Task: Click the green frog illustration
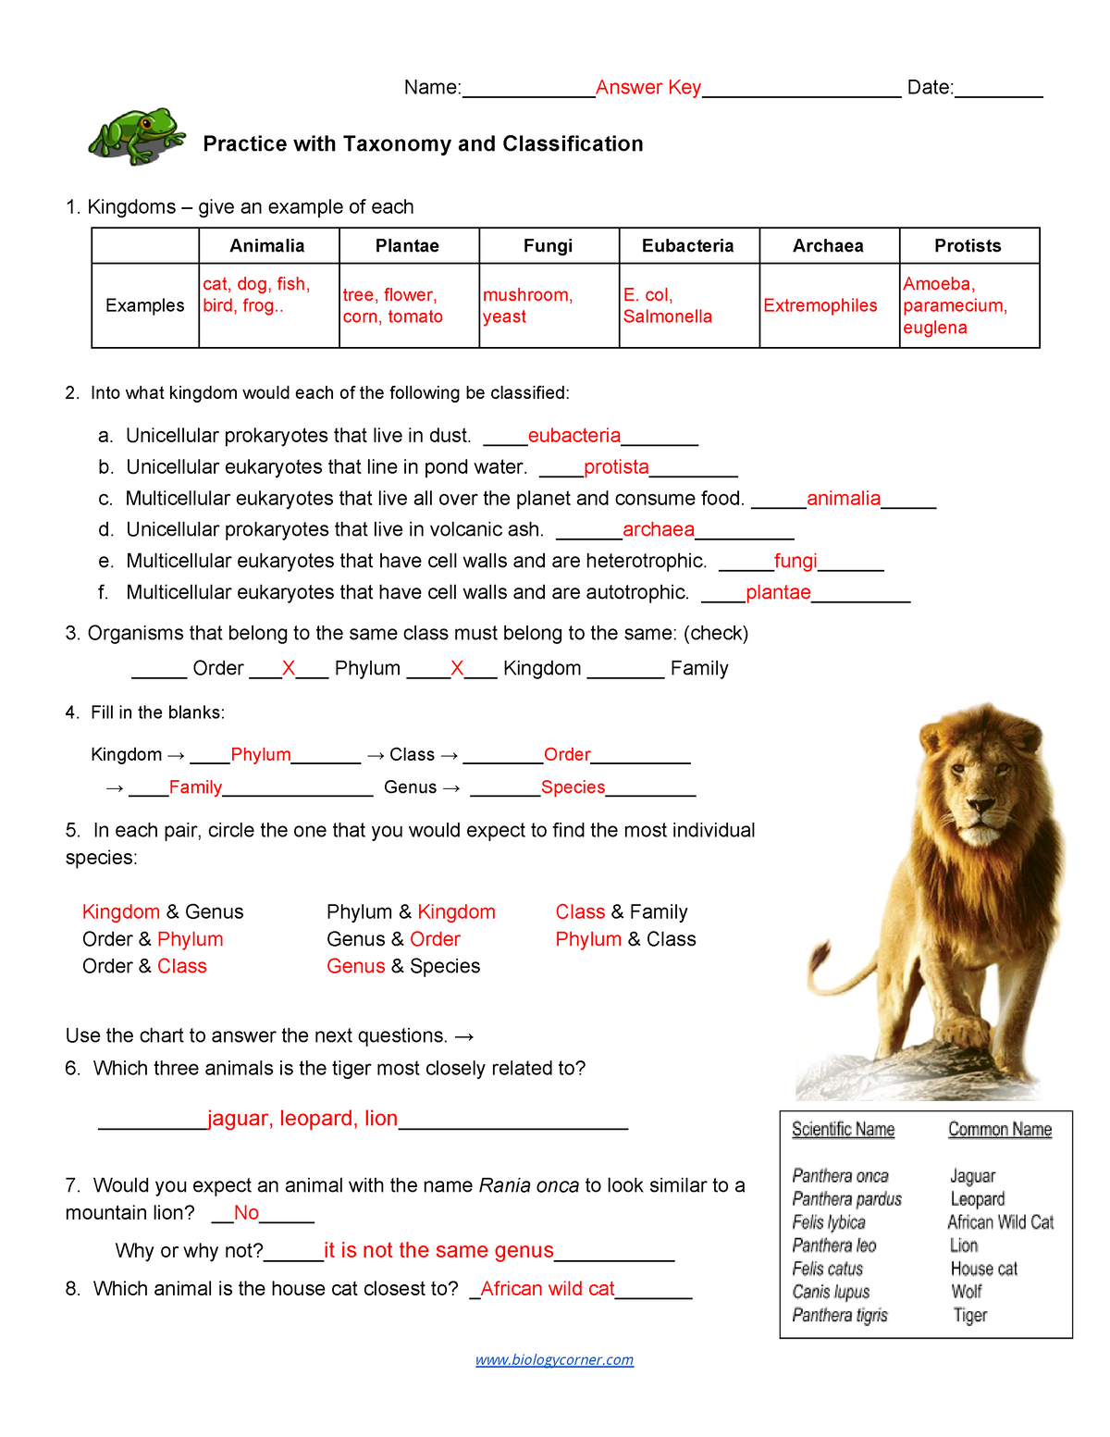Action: pyautogui.click(x=137, y=136)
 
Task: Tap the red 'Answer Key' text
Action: pyautogui.click(x=647, y=87)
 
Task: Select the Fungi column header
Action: pyautogui.click(x=548, y=245)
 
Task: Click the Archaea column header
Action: pyautogui.click(x=828, y=245)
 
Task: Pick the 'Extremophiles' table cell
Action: pyautogui.click(x=820, y=305)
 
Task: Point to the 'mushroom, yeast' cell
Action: pyautogui.click(x=527, y=305)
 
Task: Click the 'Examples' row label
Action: pyautogui.click(x=145, y=305)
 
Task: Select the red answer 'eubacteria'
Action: pyautogui.click(x=573, y=435)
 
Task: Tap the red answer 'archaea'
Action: pyautogui.click(x=658, y=529)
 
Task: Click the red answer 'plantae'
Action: pyautogui.click(x=778, y=592)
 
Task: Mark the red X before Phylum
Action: pyautogui.click(x=289, y=668)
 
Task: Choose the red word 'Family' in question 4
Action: pyautogui.click(x=195, y=787)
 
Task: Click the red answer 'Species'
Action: pyautogui.click(x=573, y=787)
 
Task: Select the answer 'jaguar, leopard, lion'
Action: pyautogui.click(x=302, y=1119)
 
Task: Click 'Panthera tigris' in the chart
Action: pyautogui.click(x=840, y=1315)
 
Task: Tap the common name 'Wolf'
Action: pyautogui.click(x=967, y=1292)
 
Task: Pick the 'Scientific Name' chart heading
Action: pyautogui.click(x=843, y=1129)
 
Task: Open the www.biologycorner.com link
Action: pyautogui.click(x=554, y=1359)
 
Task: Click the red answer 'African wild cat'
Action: pyautogui.click(x=548, y=1289)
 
